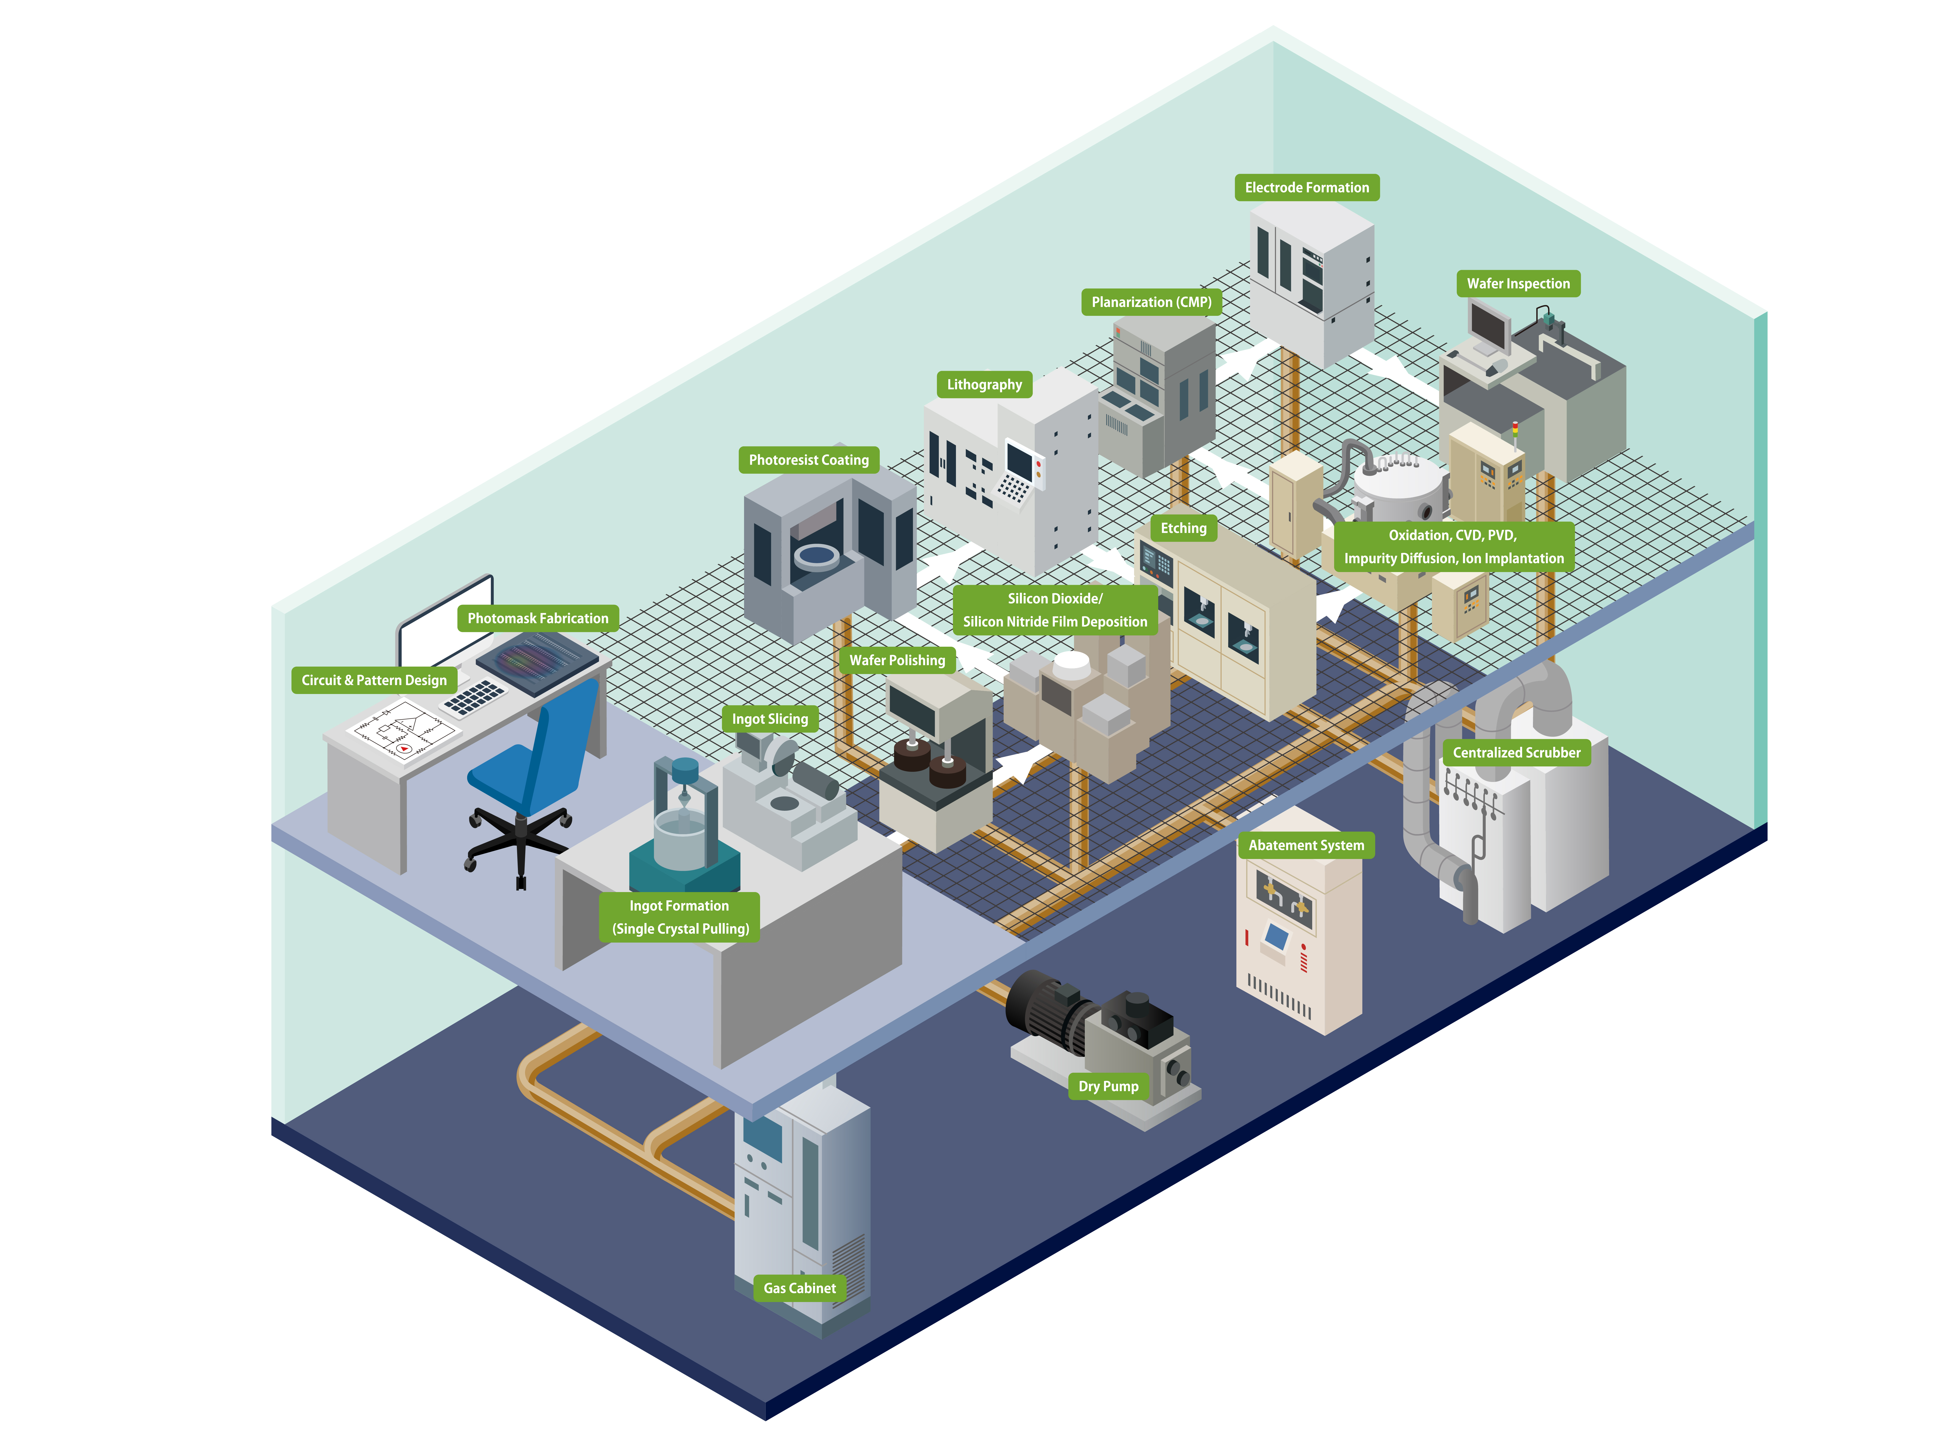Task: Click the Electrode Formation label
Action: click(x=1306, y=187)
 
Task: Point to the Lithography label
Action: click(x=984, y=385)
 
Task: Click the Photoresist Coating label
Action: click(x=808, y=460)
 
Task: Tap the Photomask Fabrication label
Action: click(x=537, y=618)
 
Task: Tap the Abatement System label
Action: click(x=1306, y=845)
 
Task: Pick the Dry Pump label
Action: click(x=1107, y=1086)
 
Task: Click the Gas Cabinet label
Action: click(x=799, y=1288)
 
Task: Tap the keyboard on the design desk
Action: click(x=474, y=696)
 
